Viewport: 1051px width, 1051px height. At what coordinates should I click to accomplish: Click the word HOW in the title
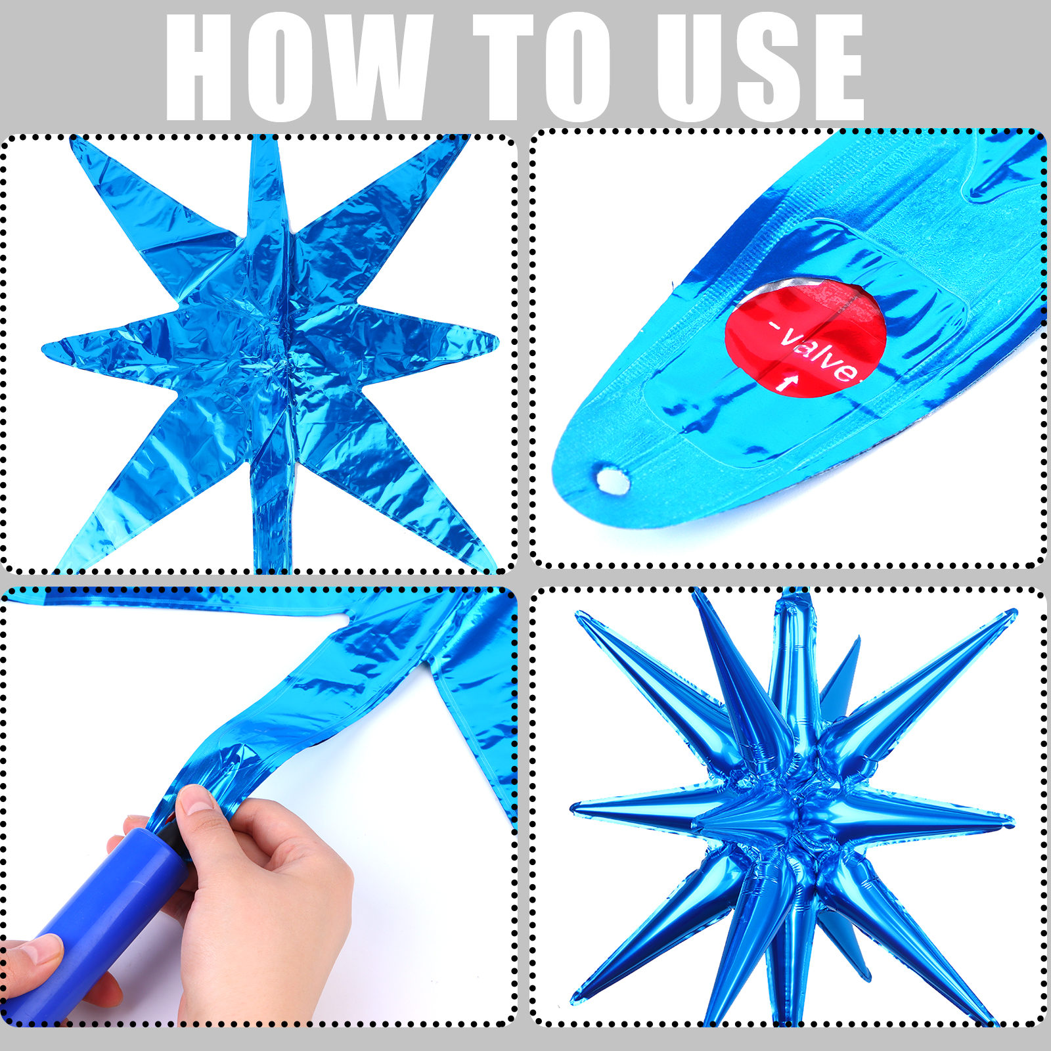(x=299, y=68)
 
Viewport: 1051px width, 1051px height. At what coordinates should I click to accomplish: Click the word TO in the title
(x=543, y=68)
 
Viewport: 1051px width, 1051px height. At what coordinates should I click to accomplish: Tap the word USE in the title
(x=759, y=68)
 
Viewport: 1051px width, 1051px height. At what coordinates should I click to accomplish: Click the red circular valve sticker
(x=805, y=336)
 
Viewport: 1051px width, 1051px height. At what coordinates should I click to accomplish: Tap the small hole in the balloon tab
(x=612, y=479)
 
